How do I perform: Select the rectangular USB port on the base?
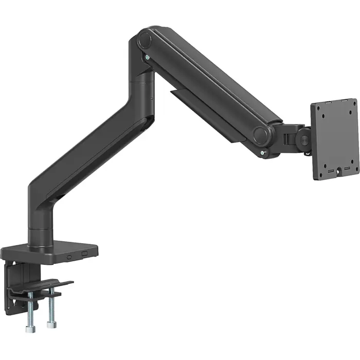click(84, 253)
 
